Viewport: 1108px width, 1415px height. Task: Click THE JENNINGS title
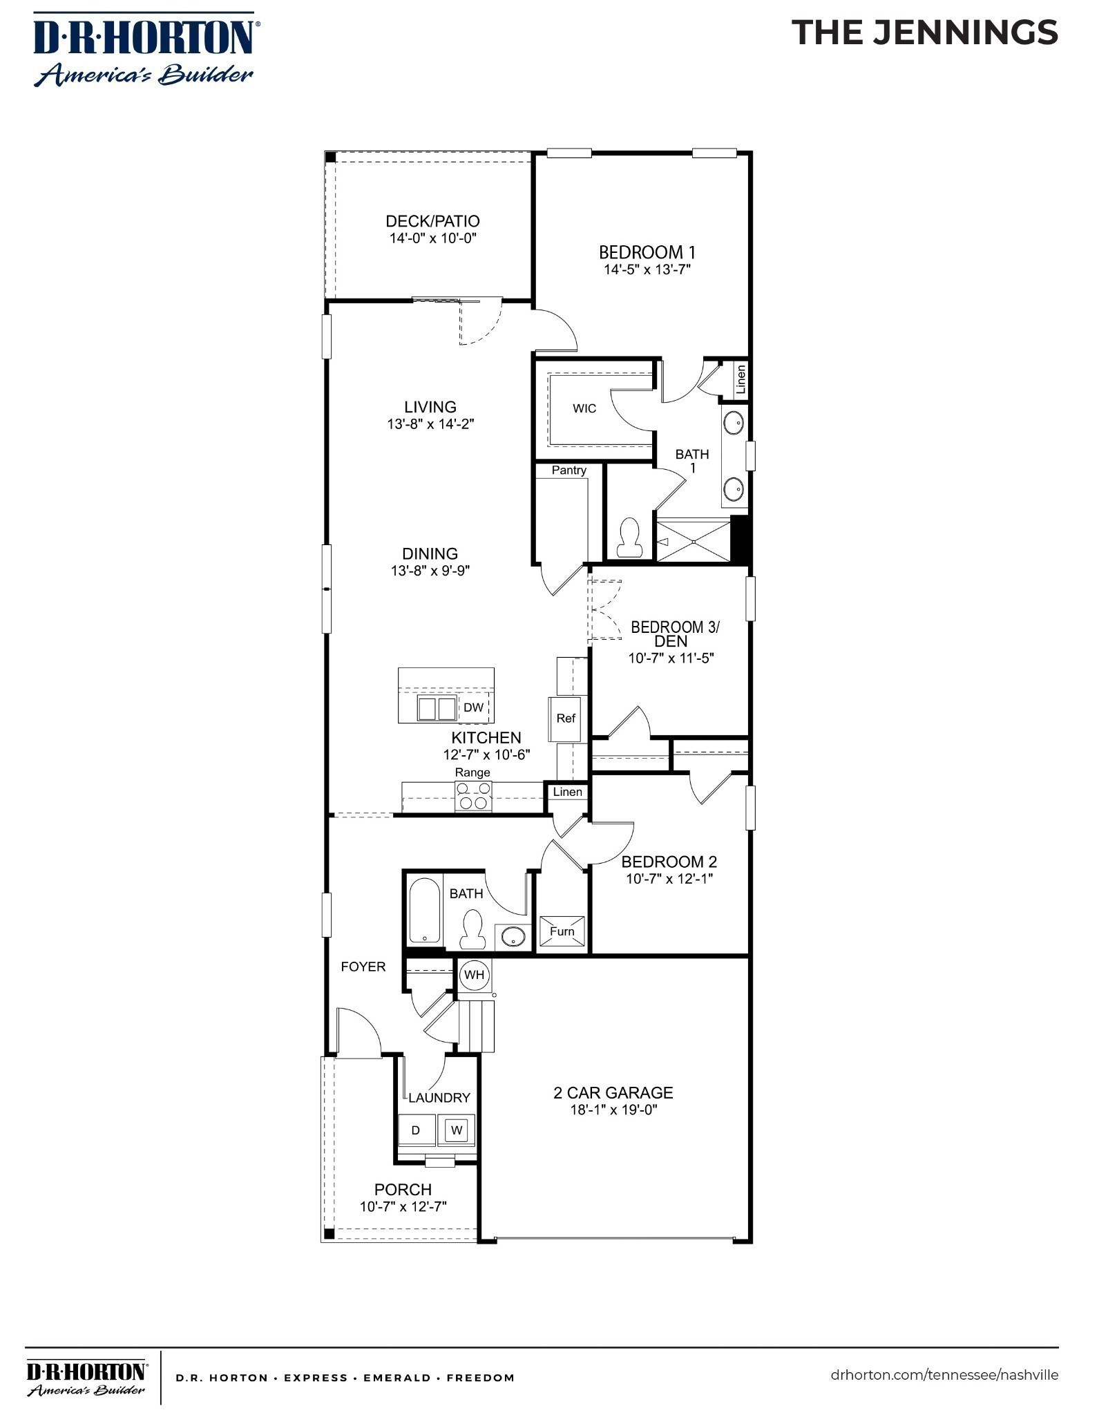924,33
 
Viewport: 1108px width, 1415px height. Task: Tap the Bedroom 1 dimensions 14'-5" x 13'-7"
647,269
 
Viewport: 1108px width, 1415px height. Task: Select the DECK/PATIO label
432,221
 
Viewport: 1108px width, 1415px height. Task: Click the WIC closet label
584,408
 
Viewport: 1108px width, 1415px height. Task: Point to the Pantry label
569,471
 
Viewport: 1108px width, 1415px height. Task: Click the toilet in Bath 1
629,538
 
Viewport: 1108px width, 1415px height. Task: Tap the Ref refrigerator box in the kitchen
566,719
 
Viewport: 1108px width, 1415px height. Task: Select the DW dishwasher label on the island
473,707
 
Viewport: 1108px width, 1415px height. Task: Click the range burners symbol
473,795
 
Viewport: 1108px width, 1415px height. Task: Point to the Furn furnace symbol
562,931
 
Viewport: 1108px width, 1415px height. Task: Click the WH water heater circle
474,975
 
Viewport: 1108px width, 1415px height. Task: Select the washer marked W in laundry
456,1130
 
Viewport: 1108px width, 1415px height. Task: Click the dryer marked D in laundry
416,1130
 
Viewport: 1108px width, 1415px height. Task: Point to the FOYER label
363,967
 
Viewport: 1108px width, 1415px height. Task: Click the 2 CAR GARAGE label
613,1092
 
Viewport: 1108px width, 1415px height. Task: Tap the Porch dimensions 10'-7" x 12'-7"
403,1206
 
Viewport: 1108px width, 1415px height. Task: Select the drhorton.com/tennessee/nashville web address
944,1374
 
